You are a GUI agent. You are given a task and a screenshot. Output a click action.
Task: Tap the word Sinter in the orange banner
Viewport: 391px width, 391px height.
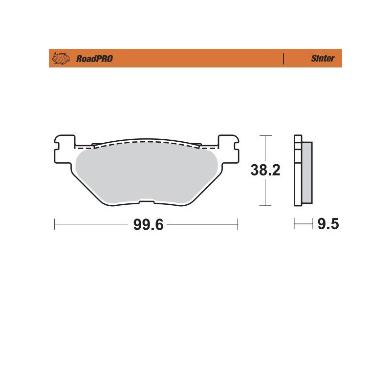(x=323, y=59)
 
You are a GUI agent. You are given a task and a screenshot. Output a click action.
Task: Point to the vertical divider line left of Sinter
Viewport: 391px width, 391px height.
(x=284, y=59)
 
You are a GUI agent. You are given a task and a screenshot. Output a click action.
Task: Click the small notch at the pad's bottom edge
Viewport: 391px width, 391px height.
(x=145, y=200)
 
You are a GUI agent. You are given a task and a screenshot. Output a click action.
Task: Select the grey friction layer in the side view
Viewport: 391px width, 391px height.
(x=307, y=171)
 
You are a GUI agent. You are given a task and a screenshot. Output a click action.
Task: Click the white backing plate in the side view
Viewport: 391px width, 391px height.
(x=297, y=171)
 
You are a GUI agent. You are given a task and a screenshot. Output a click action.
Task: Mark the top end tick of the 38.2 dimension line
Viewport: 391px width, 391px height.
(x=264, y=135)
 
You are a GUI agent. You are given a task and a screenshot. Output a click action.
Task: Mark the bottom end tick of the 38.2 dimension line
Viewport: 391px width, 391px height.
(x=264, y=206)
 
